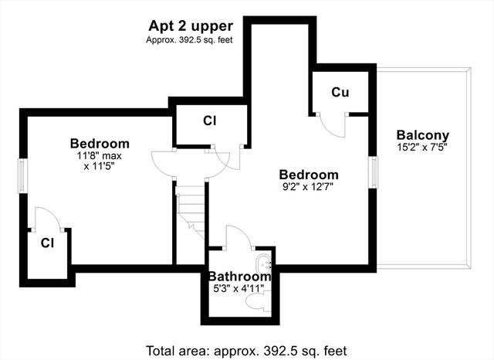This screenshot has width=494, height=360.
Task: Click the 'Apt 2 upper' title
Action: point(191,27)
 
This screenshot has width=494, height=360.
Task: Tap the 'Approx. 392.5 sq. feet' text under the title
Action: point(189,40)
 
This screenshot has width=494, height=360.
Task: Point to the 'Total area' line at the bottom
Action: point(246,351)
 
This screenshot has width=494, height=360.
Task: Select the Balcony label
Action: point(422,135)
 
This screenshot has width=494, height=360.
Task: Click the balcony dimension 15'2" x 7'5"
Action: point(422,147)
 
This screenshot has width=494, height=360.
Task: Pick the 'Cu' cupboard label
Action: point(340,93)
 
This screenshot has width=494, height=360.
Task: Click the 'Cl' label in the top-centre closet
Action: point(210,121)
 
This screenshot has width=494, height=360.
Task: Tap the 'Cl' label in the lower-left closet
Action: point(47,243)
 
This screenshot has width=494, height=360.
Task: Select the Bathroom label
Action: point(240,277)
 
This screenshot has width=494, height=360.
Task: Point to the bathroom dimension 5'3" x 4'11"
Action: point(239,288)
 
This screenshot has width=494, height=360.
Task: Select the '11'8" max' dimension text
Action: point(100,156)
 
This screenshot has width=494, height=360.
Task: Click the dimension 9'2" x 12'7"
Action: point(308,187)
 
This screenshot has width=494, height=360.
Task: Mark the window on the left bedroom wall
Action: point(22,175)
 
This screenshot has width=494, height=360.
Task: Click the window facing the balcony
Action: point(374,172)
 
